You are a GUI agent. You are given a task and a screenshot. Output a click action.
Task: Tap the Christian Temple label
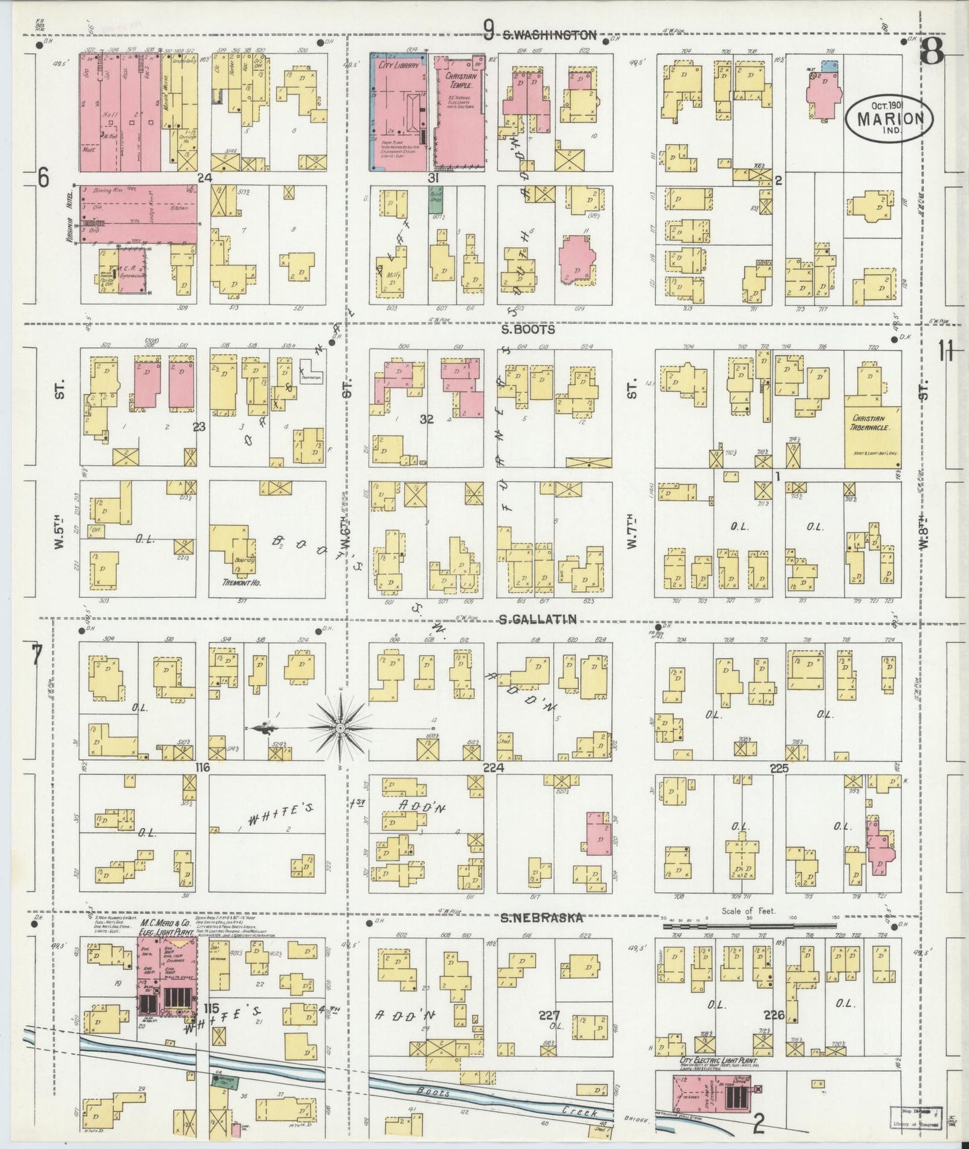[x=460, y=81]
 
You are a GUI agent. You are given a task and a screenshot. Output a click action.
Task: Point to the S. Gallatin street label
[x=538, y=620]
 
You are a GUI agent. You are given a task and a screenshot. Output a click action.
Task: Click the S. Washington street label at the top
[x=549, y=36]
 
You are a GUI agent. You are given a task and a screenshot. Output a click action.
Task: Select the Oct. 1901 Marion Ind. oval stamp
[x=889, y=119]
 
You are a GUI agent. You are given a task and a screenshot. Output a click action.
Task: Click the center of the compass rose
[x=340, y=727]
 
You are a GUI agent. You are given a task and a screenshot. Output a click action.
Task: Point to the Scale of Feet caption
[x=748, y=911]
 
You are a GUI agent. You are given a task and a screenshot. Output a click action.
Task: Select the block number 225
[x=779, y=769]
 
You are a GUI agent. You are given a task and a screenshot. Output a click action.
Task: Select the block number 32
[x=426, y=420]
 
